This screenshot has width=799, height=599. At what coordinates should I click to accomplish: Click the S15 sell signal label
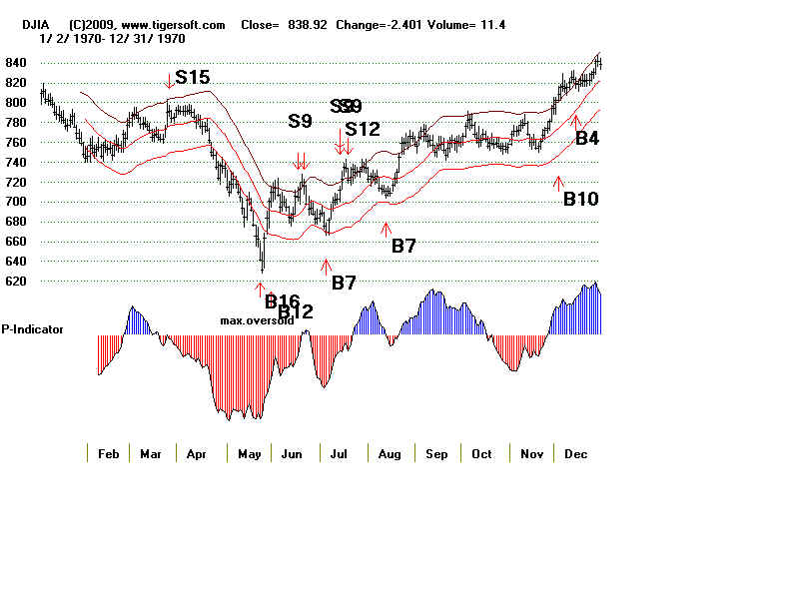(x=193, y=77)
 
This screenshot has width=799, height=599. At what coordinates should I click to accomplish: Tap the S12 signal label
(x=363, y=129)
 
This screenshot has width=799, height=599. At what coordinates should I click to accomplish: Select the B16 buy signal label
(x=282, y=300)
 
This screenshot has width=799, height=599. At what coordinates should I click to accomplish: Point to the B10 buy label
(x=580, y=199)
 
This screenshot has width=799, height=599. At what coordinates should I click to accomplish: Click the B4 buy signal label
(x=587, y=139)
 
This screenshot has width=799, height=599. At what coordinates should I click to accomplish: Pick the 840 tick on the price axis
(x=16, y=62)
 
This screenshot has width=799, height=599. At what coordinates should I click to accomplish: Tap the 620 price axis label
(x=16, y=282)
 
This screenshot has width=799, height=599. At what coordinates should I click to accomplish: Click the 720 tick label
(x=16, y=182)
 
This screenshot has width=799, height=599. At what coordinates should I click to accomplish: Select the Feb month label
(x=109, y=454)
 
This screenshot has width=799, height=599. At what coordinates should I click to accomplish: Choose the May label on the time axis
(x=249, y=454)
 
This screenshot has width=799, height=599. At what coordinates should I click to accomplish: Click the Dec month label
(x=575, y=454)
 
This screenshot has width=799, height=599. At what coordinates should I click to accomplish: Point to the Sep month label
(x=435, y=454)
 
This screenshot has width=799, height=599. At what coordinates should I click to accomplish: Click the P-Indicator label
(x=32, y=328)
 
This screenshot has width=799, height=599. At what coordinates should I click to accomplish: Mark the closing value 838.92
(x=306, y=24)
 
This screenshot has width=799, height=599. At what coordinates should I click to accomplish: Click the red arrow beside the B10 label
(x=557, y=181)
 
